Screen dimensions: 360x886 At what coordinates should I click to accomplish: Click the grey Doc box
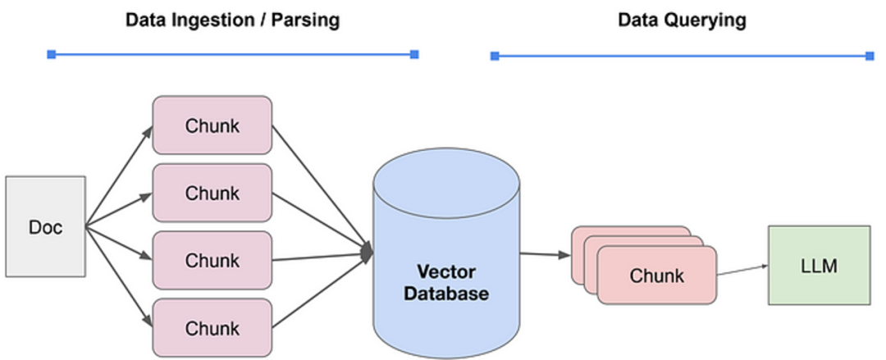tap(45, 226)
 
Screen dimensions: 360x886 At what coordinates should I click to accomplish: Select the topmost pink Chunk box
tap(212, 125)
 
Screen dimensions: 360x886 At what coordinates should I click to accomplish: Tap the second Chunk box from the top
tap(212, 193)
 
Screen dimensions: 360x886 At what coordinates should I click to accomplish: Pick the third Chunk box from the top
tap(212, 260)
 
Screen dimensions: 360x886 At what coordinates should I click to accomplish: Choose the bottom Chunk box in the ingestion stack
tap(212, 327)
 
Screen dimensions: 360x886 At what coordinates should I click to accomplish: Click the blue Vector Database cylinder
tap(446, 238)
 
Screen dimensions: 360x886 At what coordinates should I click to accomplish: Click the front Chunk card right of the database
tap(656, 276)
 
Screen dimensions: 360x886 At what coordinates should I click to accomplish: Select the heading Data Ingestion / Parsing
tap(232, 21)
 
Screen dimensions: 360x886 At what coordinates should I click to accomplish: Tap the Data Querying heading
tap(682, 21)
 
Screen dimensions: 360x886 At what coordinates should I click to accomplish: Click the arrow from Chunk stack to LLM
tap(742, 271)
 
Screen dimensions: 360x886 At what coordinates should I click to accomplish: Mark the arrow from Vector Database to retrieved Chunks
tap(545, 254)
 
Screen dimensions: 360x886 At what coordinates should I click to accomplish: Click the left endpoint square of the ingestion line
tap(52, 54)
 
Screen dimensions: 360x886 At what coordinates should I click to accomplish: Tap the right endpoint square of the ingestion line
tap(414, 54)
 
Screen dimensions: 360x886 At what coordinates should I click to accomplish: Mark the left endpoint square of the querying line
tap(495, 56)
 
